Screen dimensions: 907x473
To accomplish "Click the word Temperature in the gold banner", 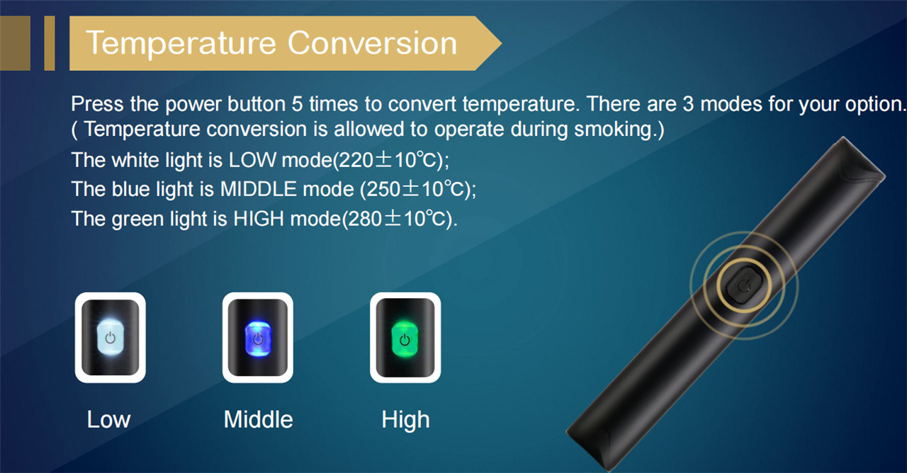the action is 181,43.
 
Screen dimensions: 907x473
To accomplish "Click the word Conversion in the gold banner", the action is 373,42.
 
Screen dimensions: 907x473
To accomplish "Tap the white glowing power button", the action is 110,338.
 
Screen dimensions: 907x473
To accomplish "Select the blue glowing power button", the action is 258,338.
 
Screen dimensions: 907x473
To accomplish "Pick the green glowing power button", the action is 405,339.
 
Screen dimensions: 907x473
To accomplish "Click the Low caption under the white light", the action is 109,419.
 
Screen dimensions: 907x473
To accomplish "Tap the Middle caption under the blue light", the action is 259,419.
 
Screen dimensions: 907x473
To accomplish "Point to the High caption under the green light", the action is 405,421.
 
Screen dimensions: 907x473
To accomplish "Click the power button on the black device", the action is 744,285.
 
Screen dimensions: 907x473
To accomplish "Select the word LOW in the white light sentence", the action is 253,160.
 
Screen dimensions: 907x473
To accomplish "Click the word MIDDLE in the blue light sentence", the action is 259,189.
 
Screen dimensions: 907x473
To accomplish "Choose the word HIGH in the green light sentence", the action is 259,219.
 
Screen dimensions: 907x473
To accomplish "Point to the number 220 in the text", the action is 356,160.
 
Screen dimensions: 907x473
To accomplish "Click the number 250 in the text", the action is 383,189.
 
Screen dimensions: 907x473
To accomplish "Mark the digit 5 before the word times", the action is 297,104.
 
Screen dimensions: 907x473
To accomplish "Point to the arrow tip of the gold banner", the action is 501,43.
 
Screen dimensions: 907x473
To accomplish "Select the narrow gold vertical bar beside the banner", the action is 50,43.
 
